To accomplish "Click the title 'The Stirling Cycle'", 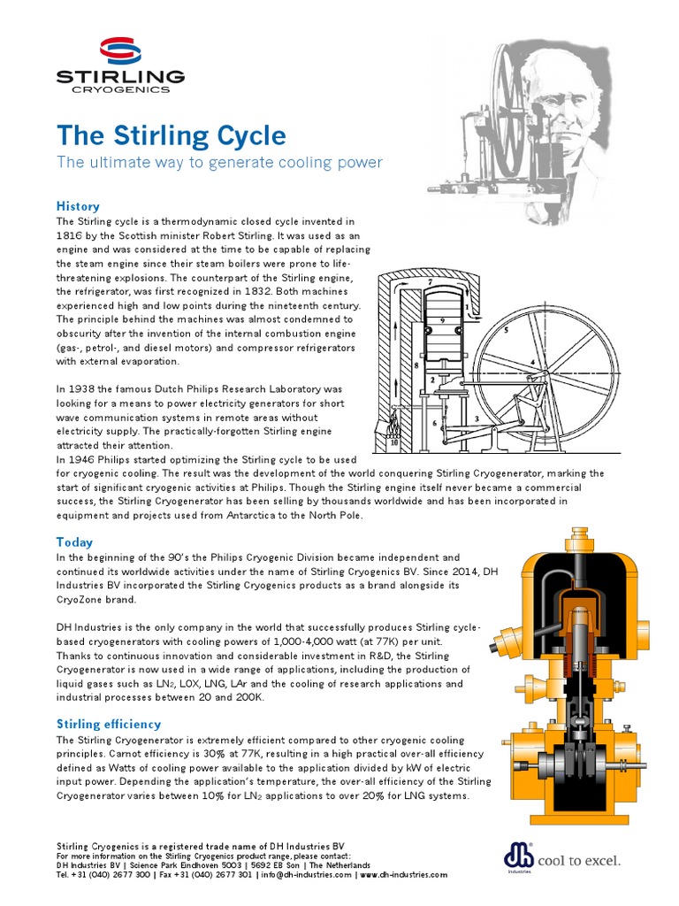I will pos(172,136).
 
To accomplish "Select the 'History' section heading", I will pos(78,206).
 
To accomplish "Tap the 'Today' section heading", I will pos(74,541).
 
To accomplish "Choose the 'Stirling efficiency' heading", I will pos(109,724).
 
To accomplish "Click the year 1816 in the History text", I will pos(71,235).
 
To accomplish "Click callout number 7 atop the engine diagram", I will pos(431,283).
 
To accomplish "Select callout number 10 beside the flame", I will pos(394,442).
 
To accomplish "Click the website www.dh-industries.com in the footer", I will pos(404,874).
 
